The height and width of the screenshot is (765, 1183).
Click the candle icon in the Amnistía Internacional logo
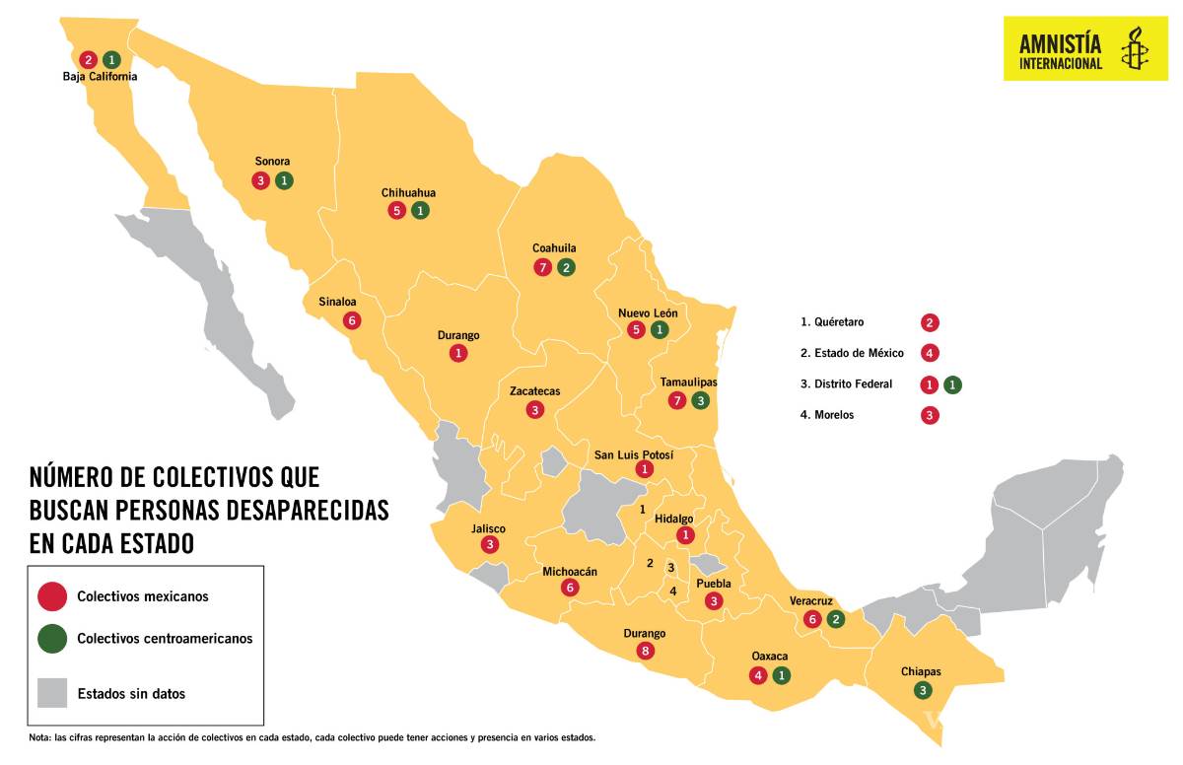[1135, 47]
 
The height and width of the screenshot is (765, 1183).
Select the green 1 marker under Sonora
[284, 180]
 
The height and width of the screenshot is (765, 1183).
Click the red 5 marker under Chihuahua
[396, 210]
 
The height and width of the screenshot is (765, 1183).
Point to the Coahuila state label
[554, 248]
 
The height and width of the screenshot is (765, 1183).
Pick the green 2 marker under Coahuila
[566, 267]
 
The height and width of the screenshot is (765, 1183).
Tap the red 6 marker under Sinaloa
[352, 320]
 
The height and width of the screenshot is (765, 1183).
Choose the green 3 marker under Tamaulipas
[700, 400]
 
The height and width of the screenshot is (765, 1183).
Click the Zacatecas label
[534, 391]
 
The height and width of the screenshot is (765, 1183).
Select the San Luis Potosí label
[634, 454]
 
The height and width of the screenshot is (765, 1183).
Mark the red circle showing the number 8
[645, 651]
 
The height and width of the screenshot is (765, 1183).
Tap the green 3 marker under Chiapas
[923, 690]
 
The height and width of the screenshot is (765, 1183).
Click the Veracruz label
[811, 600]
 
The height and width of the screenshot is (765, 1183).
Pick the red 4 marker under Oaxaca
[757, 675]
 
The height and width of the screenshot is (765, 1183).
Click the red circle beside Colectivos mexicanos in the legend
[52, 596]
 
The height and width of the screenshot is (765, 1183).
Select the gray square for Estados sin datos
[52, 693]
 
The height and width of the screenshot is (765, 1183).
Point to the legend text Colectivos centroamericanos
[165, 639]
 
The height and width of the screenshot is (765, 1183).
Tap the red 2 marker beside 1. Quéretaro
[929, 322]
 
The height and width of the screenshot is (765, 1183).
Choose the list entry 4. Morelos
[827, 415]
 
